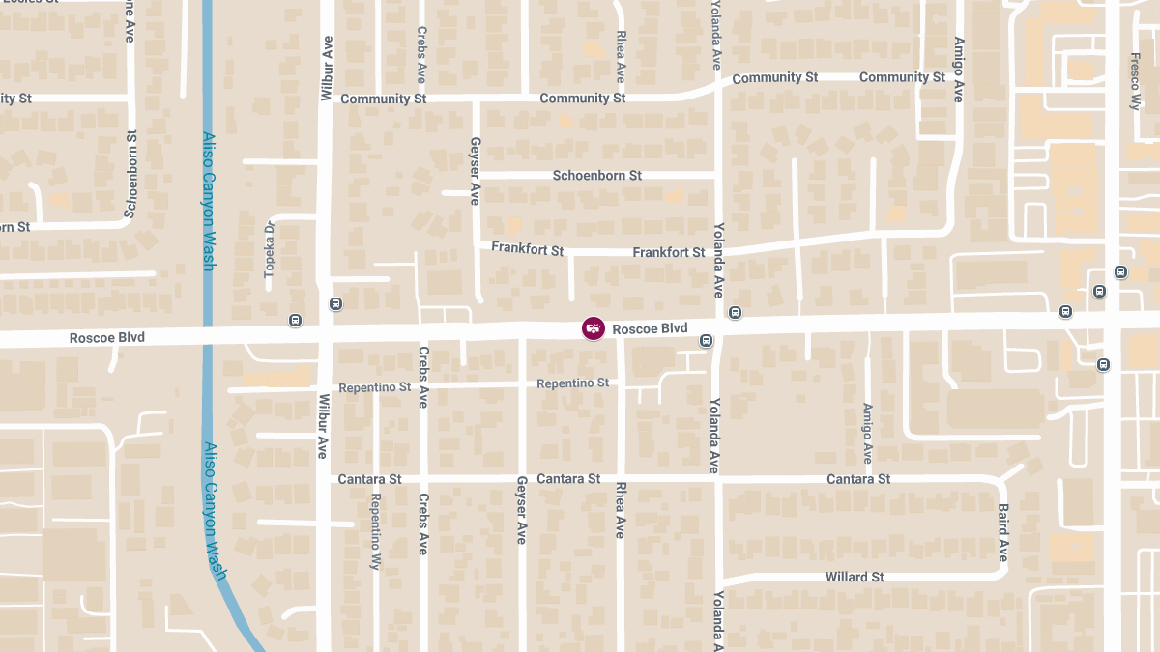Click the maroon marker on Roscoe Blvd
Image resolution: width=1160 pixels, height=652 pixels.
[594, 328]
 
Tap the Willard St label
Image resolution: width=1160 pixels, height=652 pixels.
[855, 578]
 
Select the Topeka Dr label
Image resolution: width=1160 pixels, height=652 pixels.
[271, 250]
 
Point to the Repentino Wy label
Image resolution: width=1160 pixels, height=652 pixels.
[375, 532]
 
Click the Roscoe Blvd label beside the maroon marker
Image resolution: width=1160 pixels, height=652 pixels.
[650, 329]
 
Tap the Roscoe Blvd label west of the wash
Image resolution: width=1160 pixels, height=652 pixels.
[106, 338]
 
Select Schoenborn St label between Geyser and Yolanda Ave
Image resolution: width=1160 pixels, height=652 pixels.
[596, 176]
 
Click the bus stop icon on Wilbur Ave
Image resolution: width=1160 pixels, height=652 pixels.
[335, 304]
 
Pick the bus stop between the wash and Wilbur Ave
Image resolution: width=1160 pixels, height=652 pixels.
[295, 320]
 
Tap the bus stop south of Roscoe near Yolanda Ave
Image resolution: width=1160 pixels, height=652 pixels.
[707, 340]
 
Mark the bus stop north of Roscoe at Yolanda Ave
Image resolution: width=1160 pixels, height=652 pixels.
[736, 312]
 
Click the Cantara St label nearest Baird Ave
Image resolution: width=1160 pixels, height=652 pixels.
[858, 479]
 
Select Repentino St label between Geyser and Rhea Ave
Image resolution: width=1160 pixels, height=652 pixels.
[572, 383]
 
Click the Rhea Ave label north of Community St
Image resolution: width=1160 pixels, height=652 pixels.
[621, 56]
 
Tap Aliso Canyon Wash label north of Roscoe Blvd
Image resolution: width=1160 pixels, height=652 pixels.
[208, 201]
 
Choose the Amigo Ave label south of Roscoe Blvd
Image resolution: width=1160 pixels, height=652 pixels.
[867, 434]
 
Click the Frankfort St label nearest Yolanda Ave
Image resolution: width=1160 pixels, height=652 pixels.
[669, 252]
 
